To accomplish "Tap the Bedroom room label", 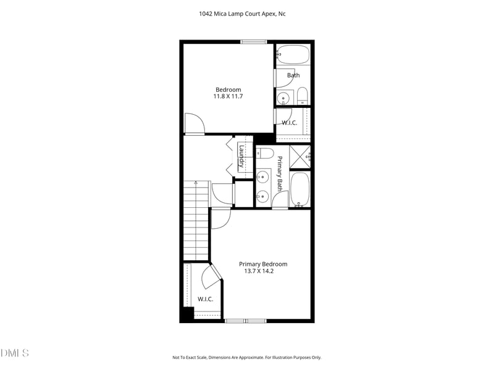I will tap(228, 89).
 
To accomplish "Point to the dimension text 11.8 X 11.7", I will tap(228, 96).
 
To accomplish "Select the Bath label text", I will tap(293, 75).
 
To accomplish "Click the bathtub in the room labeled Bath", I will tap(293, 55).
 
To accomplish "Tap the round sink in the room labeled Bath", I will tap(283, 97).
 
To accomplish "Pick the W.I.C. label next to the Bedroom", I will tap(289, 123).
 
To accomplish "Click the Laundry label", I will tap(242, 157).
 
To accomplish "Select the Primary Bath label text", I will tap(280, 173).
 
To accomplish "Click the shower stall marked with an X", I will tap(299, 157).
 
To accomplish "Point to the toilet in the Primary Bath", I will tap(265, 152).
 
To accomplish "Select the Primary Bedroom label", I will tap(263, 264).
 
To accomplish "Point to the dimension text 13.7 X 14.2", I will tap(263, 271).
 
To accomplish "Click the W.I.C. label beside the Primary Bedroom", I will tap(205, 299).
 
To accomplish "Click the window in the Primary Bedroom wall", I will tap(245, 320).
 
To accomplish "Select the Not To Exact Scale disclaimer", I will tap(246, 357).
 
